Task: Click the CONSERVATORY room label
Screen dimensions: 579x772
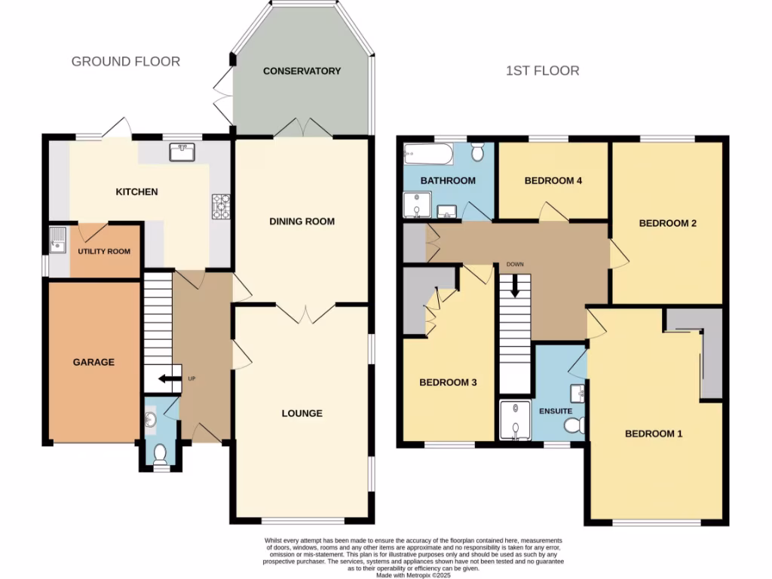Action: coord(302,71)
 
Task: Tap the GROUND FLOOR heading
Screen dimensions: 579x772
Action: coord(126,61)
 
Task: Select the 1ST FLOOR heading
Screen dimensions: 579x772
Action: coord(542,71)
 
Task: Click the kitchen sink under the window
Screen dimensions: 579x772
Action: coord(182,153)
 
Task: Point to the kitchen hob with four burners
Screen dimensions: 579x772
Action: coord(222,207)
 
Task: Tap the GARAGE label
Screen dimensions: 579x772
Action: coord(93,362)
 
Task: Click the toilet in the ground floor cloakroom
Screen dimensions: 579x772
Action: coord(159,454)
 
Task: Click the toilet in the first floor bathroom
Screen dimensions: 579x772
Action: coord(477,153)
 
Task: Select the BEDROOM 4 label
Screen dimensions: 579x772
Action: coord(553,181)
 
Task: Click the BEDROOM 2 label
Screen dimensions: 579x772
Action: coord(667,223)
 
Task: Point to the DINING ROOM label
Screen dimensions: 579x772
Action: coord(302,222)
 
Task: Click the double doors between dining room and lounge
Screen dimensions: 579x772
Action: coord(305,312)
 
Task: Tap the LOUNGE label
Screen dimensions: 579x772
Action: coord(302,413)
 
